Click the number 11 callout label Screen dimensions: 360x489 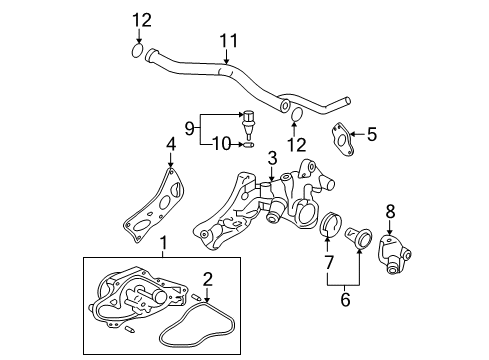[230, 41]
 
